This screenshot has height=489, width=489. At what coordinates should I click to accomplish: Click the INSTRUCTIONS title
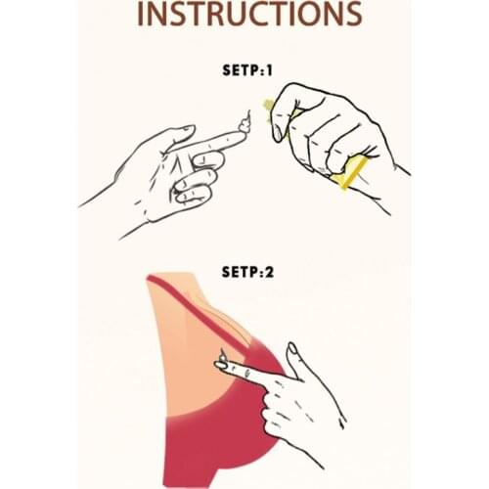pos(249,14)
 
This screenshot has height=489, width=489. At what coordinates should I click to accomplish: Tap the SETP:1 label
pos(247,70)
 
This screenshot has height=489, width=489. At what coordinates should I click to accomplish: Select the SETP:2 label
pos(247,272)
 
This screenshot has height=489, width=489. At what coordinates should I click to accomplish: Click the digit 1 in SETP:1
pos(269,70)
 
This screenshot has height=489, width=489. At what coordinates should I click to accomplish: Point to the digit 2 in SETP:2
pos(269,272)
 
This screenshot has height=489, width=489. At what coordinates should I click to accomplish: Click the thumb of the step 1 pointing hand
pos(178,134)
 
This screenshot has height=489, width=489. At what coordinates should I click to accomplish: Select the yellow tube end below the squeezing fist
pos(350,173)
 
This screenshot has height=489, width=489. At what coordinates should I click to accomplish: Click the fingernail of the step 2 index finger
pos(221,366)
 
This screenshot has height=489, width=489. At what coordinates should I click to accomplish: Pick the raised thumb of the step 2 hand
pos(295,360)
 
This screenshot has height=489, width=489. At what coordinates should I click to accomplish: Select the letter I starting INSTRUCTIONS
pos(141,14)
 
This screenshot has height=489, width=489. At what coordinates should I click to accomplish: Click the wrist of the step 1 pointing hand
pos(130,196)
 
